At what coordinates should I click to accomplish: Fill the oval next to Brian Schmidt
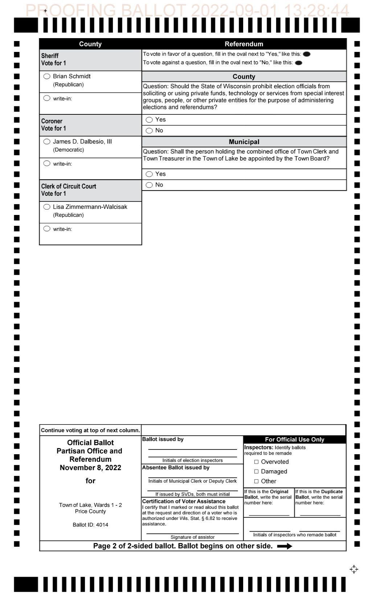click(x=47, y=76)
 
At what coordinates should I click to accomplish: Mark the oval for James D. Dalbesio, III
click(x=47, y=142)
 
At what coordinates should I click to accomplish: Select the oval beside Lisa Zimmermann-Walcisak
click(x=47, y=207)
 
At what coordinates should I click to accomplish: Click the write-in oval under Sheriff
click(x=47, y=98)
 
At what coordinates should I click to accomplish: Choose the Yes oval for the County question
click(x=149, y=120)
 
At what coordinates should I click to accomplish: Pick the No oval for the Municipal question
click(x=149, y=185)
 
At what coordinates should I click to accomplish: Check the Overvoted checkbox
click(x=256, y=462)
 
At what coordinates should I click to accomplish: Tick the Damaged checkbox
click(x=256, y=472)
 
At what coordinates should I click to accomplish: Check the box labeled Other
click(x=256, y=481)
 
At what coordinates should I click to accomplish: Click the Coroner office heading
click(x=52, y=121)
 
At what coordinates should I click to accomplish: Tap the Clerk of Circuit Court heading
click(x=69, y=187)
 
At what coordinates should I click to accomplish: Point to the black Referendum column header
click(x=244, y=44)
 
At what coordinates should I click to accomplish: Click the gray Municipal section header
click(x=244, y=142)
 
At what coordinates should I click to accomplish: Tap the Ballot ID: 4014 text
click(x=90, y=525)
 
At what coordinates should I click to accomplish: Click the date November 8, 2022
click(x=90, y=468)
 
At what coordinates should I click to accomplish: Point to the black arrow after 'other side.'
click(x=285, y=546)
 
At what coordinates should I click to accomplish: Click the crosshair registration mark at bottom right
click(x=354, y=569)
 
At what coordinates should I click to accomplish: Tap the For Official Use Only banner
click(x=294, y=440)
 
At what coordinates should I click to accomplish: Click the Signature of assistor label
click(x=192, y=537)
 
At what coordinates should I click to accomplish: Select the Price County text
click(x=90, y=512)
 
